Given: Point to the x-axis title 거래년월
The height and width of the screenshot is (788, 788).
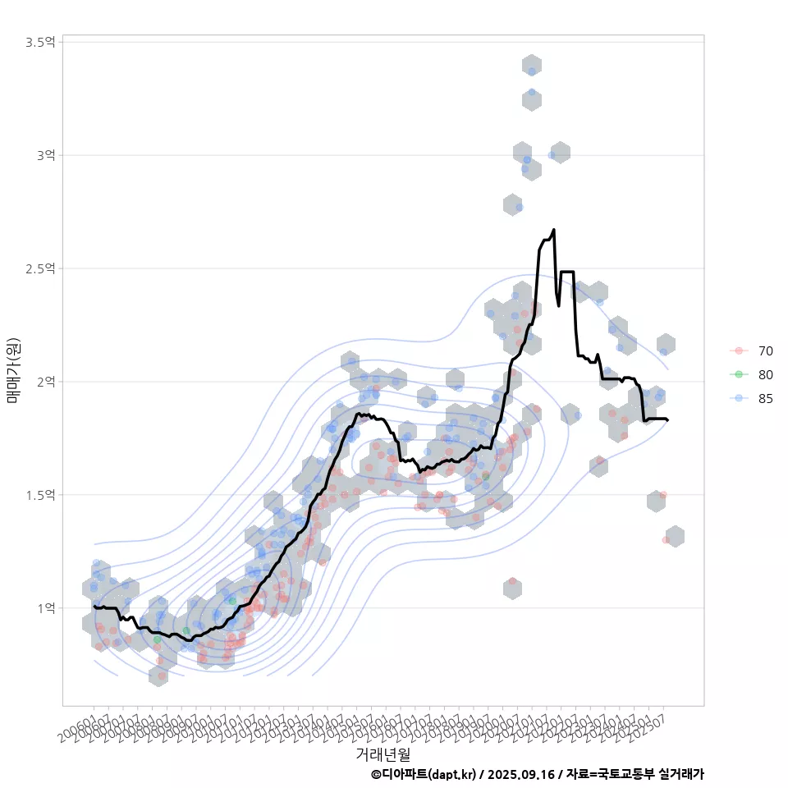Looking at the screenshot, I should [x=383, y=754].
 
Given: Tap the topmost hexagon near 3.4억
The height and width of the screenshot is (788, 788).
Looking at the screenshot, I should [x=531, y=66].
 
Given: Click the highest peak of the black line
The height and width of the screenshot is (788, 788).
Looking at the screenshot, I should [x=554, y=230].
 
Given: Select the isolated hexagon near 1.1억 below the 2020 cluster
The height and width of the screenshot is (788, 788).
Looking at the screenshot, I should [x=512, y=588].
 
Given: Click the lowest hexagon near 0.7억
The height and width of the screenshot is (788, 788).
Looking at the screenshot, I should [x=159, y=676].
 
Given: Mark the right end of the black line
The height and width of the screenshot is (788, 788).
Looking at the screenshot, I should [x=667, y=420].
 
